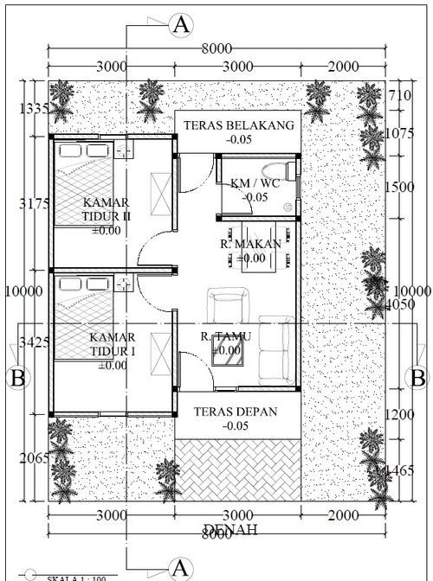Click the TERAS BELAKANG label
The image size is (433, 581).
(238, 125)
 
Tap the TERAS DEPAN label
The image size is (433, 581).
(236, 412)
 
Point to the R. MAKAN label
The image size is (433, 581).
(250, 245)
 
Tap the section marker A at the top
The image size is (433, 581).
(181, 25)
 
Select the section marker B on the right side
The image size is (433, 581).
(417, 378)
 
